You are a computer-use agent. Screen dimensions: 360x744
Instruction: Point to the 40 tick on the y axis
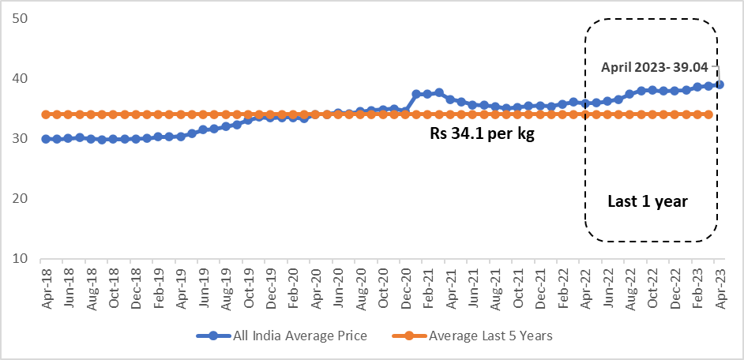[x=20, y=79]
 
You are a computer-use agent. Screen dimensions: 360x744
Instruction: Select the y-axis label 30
[x=20, y=139]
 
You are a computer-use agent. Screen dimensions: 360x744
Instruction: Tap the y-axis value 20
[x=20, y=199]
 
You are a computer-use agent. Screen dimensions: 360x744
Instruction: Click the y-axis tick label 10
[x=20, y=259]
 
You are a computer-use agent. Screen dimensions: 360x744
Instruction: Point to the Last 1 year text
[x=648, y=202]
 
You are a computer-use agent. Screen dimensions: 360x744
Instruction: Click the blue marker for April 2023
[x=720, y=84]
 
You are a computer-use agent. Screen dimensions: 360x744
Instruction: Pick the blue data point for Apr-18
[x=46, y=139]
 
